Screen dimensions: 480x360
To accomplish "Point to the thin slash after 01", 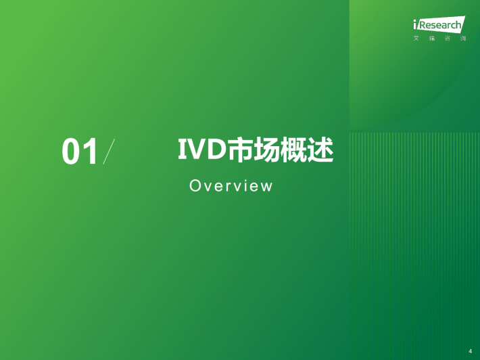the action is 109,152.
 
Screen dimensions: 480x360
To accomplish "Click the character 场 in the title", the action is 267,150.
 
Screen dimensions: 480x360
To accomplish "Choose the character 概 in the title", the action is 293,150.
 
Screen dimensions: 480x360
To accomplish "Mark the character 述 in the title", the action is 320,150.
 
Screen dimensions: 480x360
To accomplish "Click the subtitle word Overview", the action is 231,185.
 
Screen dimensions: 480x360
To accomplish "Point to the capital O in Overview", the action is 195,185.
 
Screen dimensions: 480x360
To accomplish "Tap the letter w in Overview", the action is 266,187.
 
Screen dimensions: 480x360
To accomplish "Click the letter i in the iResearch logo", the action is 415,24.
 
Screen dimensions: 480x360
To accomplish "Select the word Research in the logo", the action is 439,25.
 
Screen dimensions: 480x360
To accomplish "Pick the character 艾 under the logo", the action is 416,39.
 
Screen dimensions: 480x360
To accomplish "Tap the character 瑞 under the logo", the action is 432,39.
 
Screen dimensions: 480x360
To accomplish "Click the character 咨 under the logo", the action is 448,39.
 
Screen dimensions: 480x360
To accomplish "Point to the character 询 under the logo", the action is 463,39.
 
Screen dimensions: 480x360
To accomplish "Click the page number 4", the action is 471,351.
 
